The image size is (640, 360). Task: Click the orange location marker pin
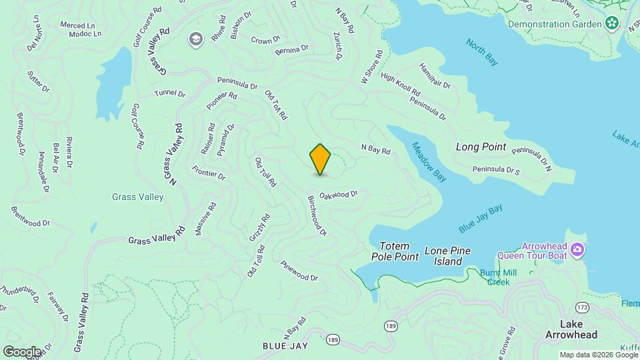click(320, 159)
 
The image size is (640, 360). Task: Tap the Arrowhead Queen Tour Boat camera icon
click(577, 251)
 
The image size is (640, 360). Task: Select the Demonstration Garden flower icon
click(612, 24)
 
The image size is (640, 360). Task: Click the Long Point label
click(481, 147)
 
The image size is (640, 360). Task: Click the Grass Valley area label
click(138, 197)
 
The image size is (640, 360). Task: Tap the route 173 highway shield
click(583, 307)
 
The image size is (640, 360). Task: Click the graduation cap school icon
click(195, 39)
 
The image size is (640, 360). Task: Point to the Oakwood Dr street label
click(339, 195)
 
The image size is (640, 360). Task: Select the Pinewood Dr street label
click(299, 270)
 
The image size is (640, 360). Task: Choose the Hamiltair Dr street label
click(435, 76)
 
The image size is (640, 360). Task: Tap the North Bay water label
click(481, 53)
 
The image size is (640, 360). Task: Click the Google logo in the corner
click(21, 351)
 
